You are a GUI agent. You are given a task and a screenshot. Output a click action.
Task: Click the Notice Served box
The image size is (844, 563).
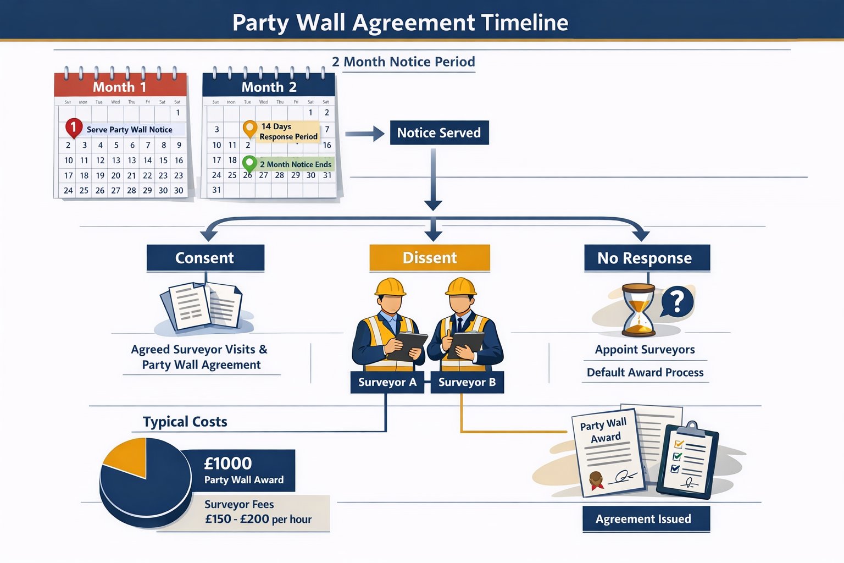pyautogui.click(x=439, y=133)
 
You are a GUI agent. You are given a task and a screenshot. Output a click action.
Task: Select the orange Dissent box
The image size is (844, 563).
pyautogui.click(x=430, y=258)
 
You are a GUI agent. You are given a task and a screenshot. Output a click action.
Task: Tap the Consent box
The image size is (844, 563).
pyautogui.click(x=205, y=258)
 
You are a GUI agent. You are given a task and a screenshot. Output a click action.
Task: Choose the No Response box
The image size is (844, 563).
pyautogui.click(x=646, y=258)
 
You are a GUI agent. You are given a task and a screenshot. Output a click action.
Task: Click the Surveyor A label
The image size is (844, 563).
pyautogui.click(x=387, y=382)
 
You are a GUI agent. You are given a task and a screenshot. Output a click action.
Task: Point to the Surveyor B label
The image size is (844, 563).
pyautogui.click(x=467, y=382)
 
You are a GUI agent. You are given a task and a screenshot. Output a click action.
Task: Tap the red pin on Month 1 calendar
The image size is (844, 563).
pyautogui.click(x=74, y=128)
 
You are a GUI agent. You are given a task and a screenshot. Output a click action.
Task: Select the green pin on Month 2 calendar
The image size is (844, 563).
pyautogui.click(x=249, y=163)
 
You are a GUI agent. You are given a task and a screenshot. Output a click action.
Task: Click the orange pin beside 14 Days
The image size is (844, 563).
pyautogui.click(x=249, y=129)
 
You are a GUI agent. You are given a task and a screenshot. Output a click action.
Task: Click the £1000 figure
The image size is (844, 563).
pyautogui.click(x=227, y=463)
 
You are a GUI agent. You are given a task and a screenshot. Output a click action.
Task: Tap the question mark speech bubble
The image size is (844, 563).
pyautogui.click(x=677, y=301)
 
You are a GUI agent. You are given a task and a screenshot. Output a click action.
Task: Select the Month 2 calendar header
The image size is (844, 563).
pyautogui.click(x=269, y=86)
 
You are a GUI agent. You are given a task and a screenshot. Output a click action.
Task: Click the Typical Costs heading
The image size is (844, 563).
pyautogui.click(x=185, y=422)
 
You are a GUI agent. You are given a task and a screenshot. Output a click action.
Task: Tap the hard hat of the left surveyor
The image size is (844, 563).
pyautogui.click(x=390, y=287)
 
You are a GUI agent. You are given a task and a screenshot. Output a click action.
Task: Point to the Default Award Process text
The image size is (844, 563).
pyautogui.click(x=645, y=372)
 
